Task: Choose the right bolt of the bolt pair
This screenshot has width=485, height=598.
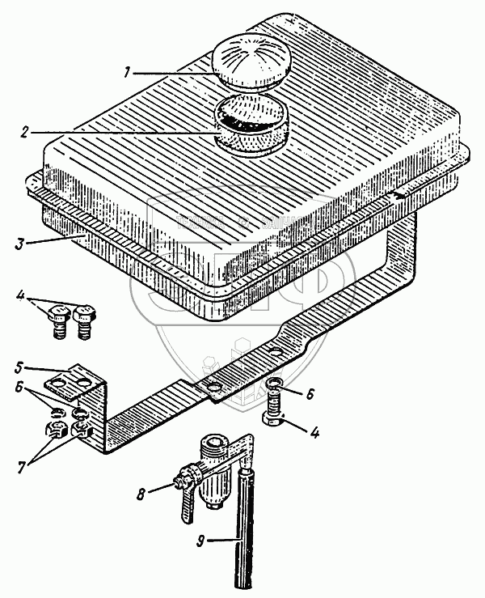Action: (x=84, y=321)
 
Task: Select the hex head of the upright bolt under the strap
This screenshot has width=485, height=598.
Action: (x=274, y=421)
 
